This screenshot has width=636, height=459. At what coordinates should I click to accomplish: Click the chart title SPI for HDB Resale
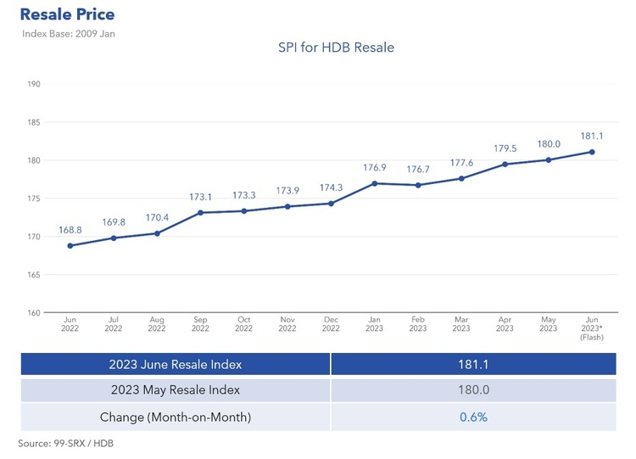(x=336, y=48)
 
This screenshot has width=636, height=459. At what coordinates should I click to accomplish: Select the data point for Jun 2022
(x=70, y=246)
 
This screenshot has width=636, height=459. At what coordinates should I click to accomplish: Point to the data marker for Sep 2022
(x=200, y=213)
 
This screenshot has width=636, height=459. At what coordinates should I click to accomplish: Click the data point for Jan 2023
(x=374, y=183)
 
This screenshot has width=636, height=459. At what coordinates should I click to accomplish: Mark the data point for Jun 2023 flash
(x=591, y=152)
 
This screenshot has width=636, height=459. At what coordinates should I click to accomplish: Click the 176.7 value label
(x=417, y=170)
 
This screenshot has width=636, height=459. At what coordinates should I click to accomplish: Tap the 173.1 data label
(x=200, y=197)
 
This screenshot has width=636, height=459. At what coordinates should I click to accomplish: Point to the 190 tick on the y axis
(x=34, y=84)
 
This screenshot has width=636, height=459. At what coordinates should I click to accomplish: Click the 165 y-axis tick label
(x=34, y=275)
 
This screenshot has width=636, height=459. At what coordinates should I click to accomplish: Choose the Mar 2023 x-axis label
(x=460, y=325)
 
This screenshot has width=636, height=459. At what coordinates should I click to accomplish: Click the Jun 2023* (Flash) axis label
(x=591, y=328)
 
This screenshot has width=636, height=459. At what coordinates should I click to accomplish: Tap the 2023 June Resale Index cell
(x=175, y=364)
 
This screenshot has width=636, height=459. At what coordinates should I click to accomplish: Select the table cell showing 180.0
(x=472, y=390)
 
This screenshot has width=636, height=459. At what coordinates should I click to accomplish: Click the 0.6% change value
(x=472, y=417)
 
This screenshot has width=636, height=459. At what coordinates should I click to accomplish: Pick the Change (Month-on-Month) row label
(x=175, y=417)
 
